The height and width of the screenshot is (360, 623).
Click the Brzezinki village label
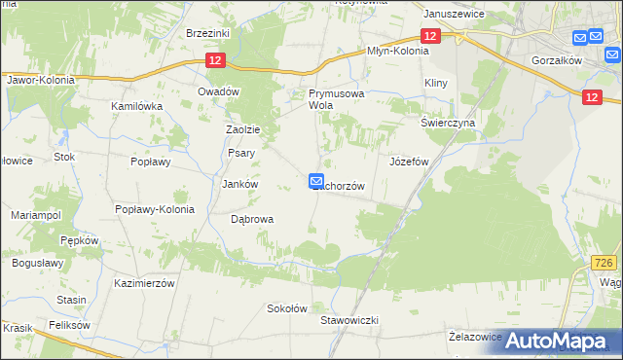coord(206,32)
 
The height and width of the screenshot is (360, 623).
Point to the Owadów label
coord(218,91)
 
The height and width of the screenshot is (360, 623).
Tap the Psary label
coord(240,153)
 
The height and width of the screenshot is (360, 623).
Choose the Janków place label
coord(239,184)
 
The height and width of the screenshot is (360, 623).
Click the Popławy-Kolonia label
coord(155,209)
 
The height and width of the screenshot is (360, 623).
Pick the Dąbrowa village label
coord(251,219)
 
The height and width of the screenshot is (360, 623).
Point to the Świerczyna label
coord(447,124)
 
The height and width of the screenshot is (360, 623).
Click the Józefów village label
coord(409,162)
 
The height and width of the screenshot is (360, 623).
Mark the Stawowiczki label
coord(348,319)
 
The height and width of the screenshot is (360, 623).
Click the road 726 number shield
coord(605,264)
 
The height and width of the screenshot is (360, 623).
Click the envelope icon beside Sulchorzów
coord(316,180)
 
